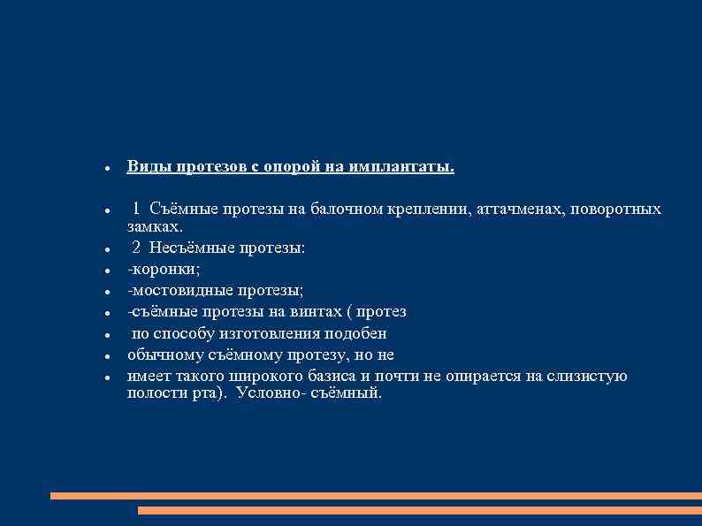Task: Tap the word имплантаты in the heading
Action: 401,166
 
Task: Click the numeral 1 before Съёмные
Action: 137,209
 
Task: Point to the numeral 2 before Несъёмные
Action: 137,248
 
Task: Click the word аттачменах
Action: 521,209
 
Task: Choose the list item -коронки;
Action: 164,269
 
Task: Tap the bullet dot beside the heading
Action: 106,168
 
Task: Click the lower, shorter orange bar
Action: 419,510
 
